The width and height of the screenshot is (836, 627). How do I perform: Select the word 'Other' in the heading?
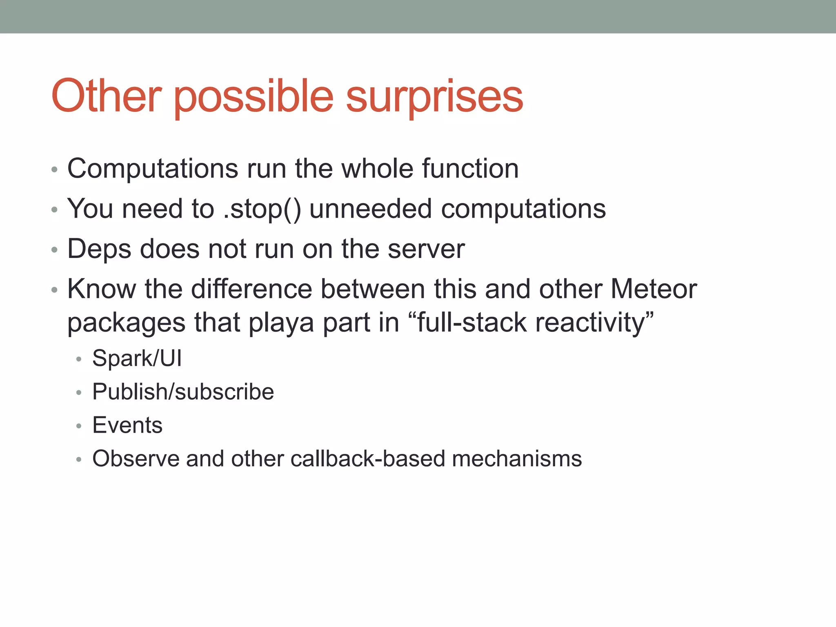[x=107, y=96]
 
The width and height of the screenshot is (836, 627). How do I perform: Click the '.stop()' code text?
[x=262, y=209]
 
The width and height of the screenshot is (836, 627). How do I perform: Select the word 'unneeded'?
[x=370, y=209]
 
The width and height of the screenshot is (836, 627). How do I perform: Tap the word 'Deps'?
[x=99, y=249]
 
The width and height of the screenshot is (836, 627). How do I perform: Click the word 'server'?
[x=426, y=249]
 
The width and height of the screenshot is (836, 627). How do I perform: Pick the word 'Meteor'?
[x=654, y=289]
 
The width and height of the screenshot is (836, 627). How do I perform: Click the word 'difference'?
[x=251, y=289]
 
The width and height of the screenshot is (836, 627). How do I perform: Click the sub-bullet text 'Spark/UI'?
[x=137, y=358]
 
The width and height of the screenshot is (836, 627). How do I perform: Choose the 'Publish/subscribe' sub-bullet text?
[x=183, y=392]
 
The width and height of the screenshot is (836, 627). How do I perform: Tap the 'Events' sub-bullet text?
[x=127, y=425]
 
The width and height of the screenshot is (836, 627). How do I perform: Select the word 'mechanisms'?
[x=516, y=458]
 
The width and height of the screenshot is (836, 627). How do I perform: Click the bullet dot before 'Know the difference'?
[x=55, y=290]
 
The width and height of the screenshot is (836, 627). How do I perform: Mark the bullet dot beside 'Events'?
[x=79, y=426]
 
